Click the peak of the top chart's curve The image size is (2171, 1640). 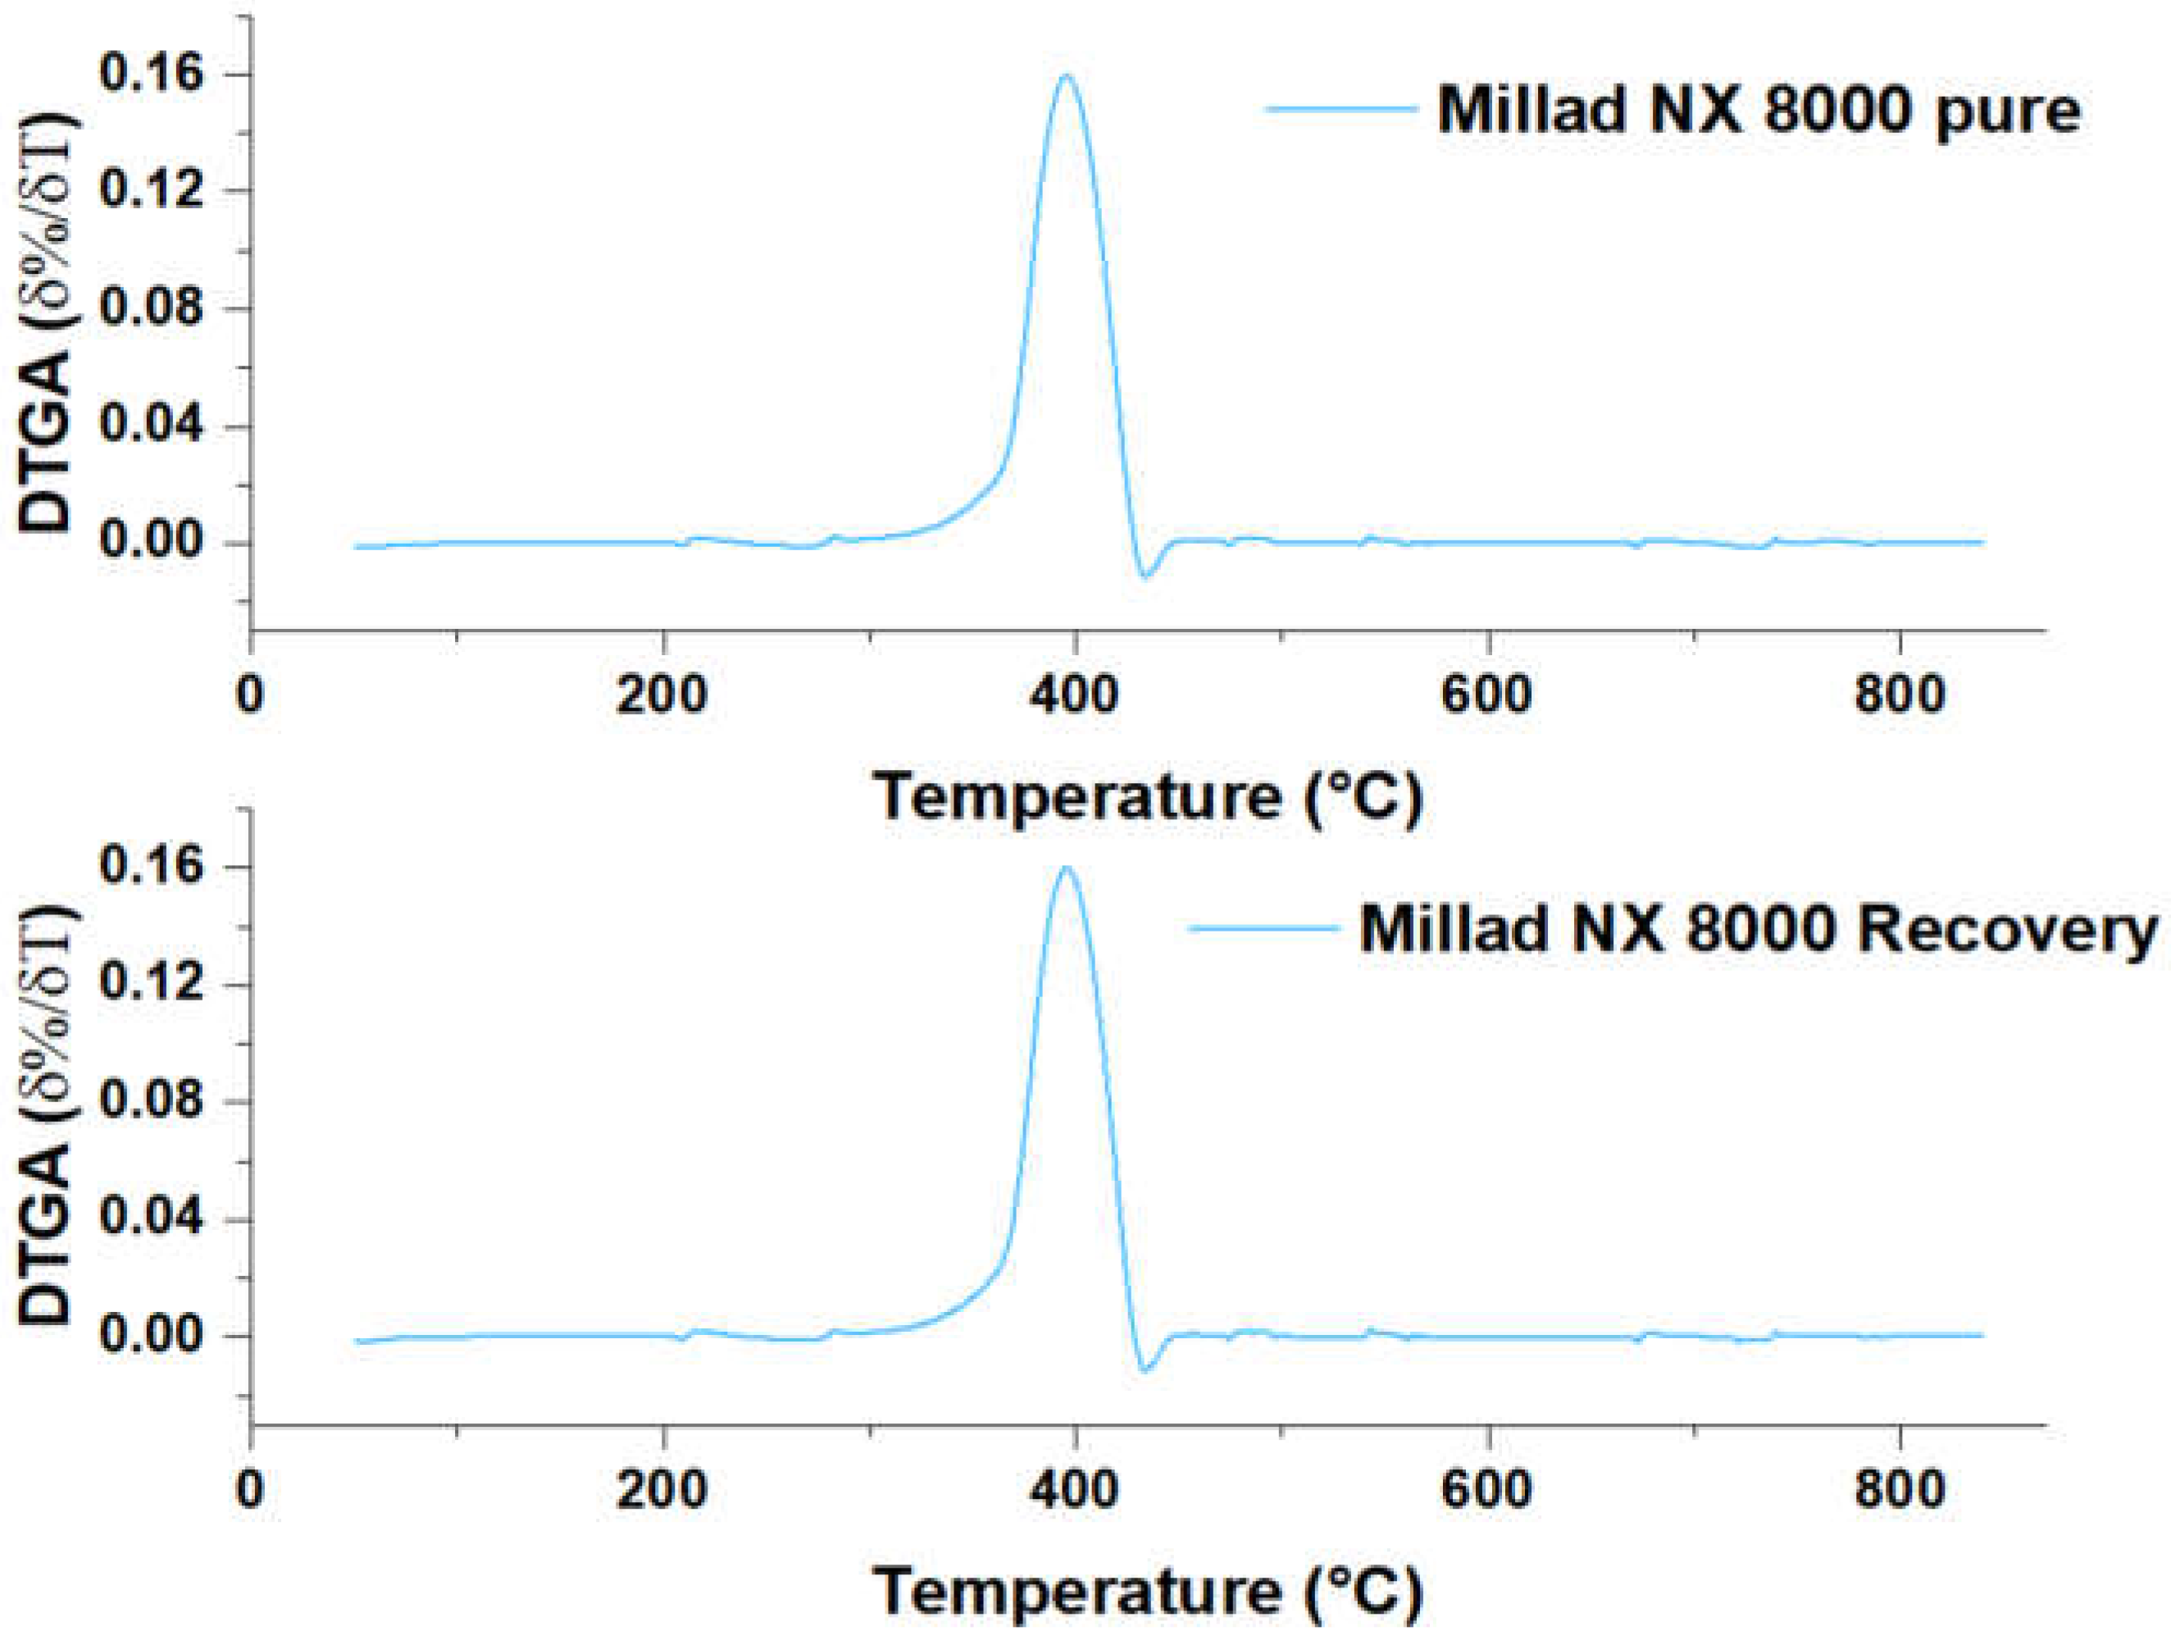pos(1066,75)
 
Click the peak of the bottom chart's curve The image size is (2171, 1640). pos(1066,868)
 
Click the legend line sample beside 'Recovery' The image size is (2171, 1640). pos(1265,927)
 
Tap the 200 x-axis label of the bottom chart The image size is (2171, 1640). pos(662,1487)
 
